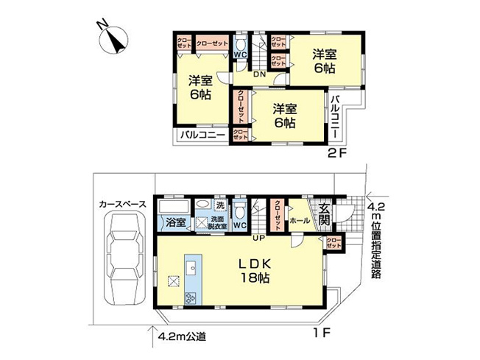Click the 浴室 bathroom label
coord(174,222)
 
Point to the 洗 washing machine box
coord(219,205)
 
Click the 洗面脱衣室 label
coord(219,222)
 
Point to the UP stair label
coord(259,238)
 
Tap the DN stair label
coord(259,74)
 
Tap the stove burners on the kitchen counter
coord(193,298)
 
